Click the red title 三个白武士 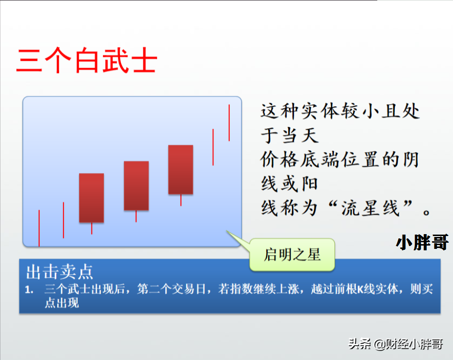click(87, 61)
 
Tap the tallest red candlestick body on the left click(91, 198)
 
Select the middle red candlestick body click(136, 185)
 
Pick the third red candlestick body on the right click(181, 169)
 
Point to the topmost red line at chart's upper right click(229, 123)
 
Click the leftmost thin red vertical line click(39, 228)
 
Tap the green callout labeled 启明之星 click(292, 255)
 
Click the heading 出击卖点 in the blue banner click(60, 272)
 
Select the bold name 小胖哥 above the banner click(422, 242)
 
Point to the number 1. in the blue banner click(29, 289)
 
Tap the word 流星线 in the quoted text click(371, 208)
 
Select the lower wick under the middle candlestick click(136, 216)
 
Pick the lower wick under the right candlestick click(181, 200)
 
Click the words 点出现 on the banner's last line click(62, 303)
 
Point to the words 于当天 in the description click(290, 135)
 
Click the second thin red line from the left click(63, 220)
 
